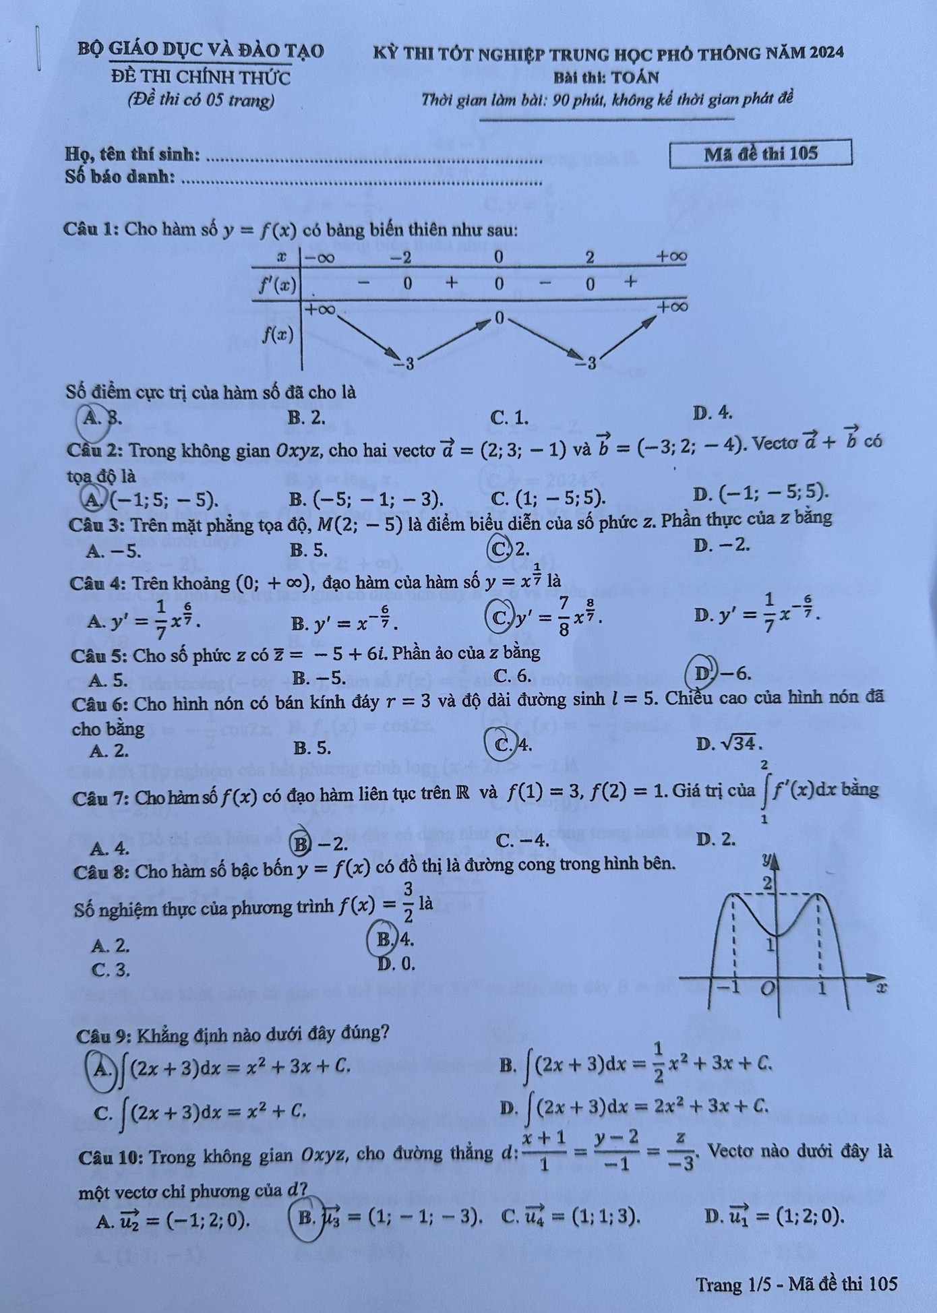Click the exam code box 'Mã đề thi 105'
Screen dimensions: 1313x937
tap(760, 154)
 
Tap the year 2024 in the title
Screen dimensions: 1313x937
tap(826, 53)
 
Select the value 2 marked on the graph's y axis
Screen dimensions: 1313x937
tap(766, 882)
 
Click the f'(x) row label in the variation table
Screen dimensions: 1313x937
tap(278, 286)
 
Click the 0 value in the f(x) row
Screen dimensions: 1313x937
tap(499, 317)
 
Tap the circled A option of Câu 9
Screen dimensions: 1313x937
tap(101, 1066)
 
